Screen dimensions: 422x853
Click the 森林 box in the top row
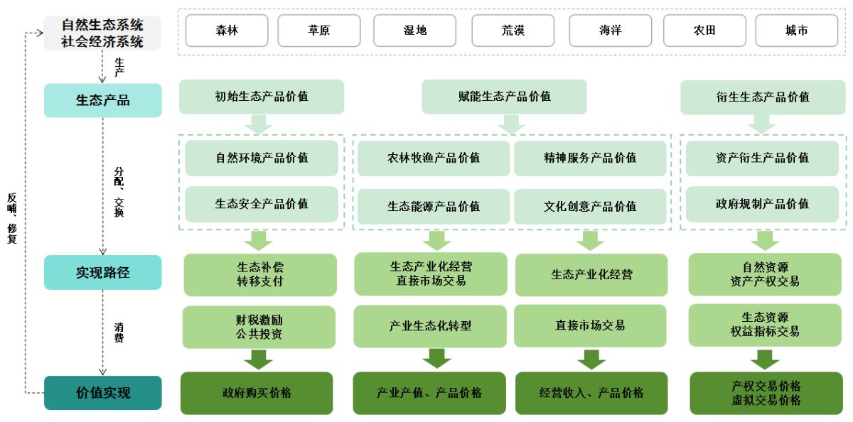[x=227, y=31]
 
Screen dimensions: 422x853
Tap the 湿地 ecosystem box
[x=415, y=31]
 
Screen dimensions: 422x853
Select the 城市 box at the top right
[x=797, y=31]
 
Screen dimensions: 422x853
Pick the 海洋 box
[x=611, y=31]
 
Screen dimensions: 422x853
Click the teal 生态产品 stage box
[x=103, y=100]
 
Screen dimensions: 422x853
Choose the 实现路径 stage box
[x=103, y=272]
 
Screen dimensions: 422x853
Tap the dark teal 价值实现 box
[x=103, y=393]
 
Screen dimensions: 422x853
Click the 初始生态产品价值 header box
[x=262, y=97]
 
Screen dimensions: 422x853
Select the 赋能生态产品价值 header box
[x=505, y=97]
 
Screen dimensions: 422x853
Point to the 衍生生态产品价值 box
[x=763, y=97]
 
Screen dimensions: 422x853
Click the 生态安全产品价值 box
[x=262, y=204]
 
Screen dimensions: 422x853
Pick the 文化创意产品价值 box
[x=590, y=206]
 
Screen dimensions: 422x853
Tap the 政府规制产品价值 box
[x=762, y=204]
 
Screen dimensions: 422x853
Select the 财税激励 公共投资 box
[x=259, y=327]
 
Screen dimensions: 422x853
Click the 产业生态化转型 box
[x=430, y=326]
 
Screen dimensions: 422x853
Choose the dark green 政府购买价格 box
[x=257, y=393]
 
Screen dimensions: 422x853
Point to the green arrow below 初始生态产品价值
[x=259, y=124]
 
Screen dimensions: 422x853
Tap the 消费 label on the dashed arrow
[x=119, y=332]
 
